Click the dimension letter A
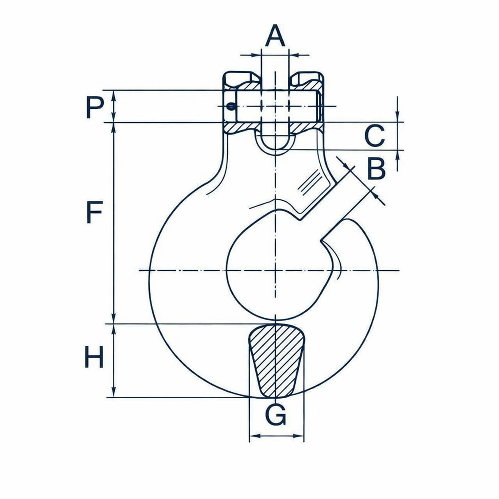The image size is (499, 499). pos(275,36)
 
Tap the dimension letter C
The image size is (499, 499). pos(374,136)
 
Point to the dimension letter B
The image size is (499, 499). pos(376,168)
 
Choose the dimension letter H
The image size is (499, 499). pos(94,357)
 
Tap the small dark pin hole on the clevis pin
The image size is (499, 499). pos(230,106)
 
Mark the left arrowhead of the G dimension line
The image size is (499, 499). pos(256,436)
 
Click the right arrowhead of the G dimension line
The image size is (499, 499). pos(297,436)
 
